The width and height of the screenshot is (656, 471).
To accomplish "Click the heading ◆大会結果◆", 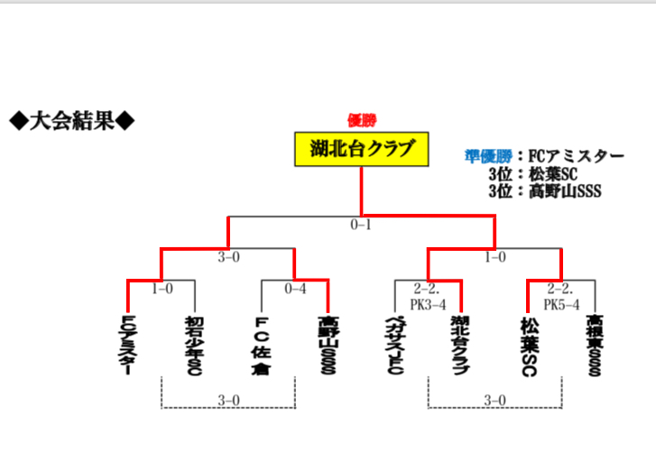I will click(72, 120).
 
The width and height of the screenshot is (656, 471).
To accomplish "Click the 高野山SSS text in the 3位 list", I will click(565, 190).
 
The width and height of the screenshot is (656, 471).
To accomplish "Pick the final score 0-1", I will click(361, 225).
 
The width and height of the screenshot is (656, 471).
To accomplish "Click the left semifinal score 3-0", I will click(228, 257).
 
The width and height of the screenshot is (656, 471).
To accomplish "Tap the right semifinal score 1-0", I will click(494, 257).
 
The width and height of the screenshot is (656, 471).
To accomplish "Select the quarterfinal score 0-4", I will click(295, 290).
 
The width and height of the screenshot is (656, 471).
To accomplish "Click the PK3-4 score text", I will click(430, 305).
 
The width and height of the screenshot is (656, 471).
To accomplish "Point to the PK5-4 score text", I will click(560, 305).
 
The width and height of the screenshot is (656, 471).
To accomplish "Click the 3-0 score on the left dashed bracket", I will click(228, 401).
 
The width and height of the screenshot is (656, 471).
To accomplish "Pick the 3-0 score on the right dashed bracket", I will click(494, 401).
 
